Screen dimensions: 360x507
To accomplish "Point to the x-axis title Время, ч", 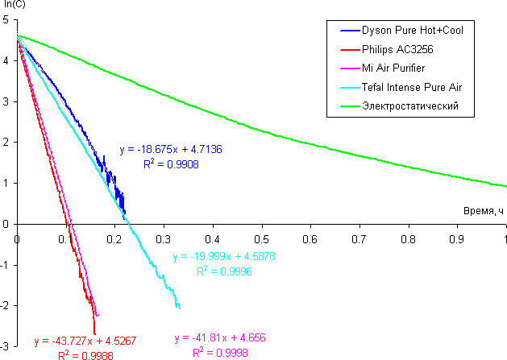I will [483, 210].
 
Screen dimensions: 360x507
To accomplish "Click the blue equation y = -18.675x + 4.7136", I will [171, 150].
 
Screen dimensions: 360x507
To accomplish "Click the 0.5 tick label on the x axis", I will [262, 239].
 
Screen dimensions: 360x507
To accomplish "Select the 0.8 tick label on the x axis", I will [409, 239].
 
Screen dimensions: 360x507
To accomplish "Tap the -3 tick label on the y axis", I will [6, 346].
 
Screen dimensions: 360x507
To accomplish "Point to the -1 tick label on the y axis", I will [6, 265].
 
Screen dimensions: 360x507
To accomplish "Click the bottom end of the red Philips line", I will [95, 333].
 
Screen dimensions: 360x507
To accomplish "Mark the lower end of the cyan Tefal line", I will [179, 308].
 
